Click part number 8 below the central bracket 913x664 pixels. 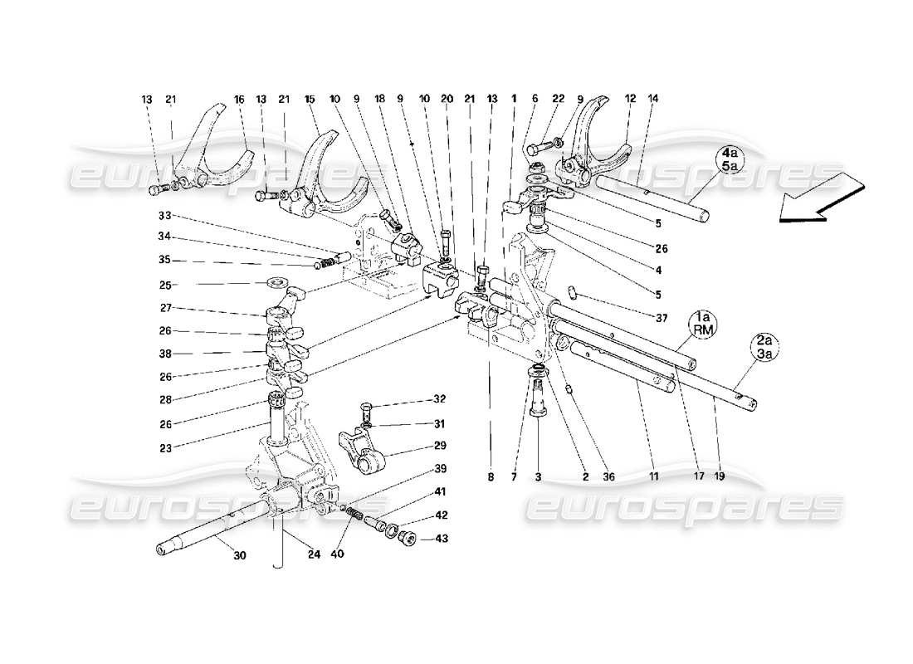[490, 476]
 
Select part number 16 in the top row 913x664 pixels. [239, 100]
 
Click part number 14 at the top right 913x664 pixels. [653, 100]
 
